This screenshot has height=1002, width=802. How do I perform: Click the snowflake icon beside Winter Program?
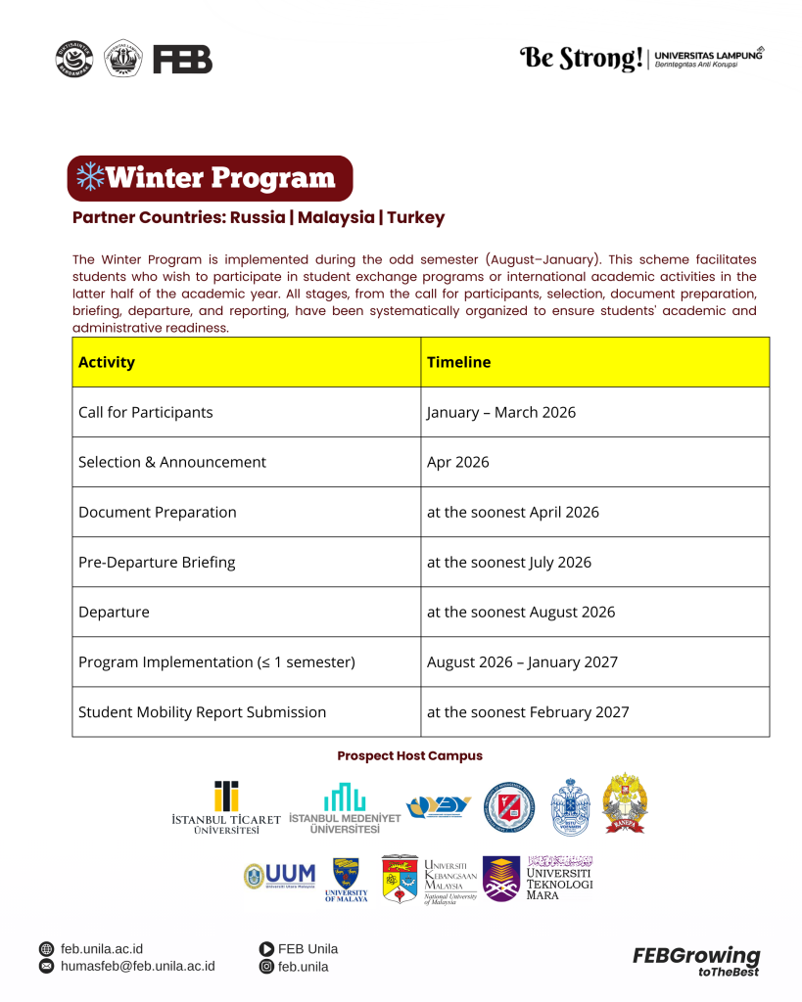(90, 177)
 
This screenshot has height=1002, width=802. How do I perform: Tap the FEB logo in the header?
(182, 60)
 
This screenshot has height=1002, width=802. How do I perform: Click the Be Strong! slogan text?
(581, 59)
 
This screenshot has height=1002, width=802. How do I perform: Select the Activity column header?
(107, 362)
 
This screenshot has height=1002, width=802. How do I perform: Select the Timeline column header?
(458, 362)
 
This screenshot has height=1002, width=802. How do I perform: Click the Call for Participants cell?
(146, 412)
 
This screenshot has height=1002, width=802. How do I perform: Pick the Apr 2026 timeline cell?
(457, 462)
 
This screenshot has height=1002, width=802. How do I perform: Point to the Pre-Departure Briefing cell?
(157, 563)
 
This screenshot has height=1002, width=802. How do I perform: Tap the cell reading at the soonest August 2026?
(521, 613)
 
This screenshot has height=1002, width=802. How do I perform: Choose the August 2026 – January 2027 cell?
(522, 662)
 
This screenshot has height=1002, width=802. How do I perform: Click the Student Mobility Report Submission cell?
(202, 712)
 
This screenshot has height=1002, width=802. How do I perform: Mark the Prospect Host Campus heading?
(409, 756)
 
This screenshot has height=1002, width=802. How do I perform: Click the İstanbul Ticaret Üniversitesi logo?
(226, 807)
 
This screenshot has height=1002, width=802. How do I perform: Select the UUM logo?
(280, 875)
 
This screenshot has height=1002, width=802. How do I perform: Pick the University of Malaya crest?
(347, 878)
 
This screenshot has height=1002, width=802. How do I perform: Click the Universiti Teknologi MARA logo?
(542, 878)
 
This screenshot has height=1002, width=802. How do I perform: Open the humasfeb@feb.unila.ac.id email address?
(137, 967)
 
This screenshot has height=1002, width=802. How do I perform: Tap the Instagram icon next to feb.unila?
(266, 967)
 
